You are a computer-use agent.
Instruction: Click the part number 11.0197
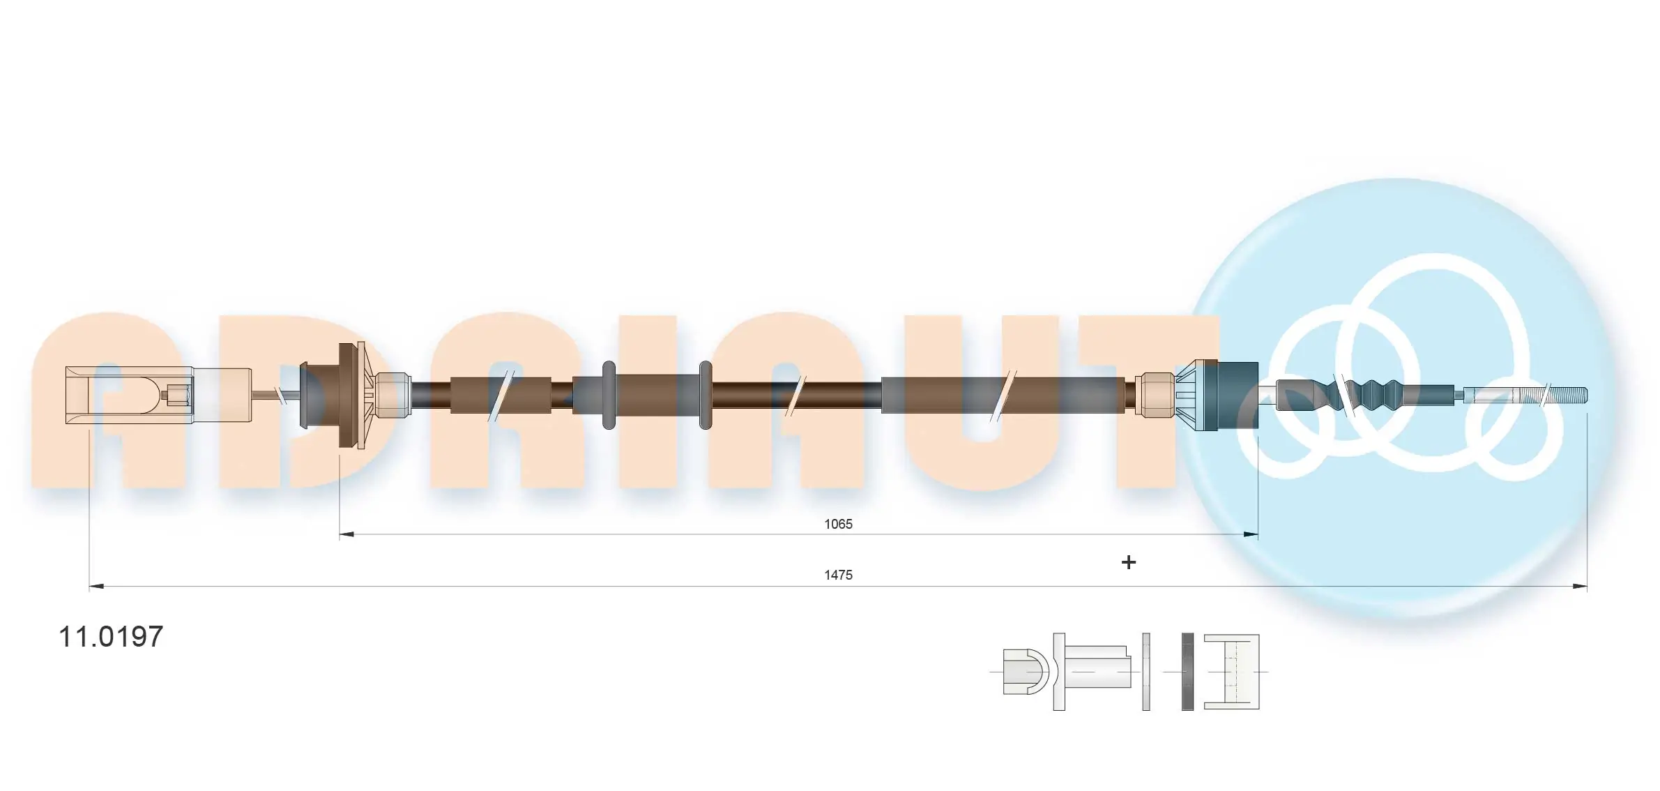[111, 636]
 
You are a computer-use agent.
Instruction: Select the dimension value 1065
[838, 524]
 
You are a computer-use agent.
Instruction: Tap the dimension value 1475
[838, 575]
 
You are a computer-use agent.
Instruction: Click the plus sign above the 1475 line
[1129, 562]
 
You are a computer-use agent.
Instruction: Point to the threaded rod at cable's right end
[1527, 395]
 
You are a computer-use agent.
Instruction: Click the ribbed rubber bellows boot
[1370, 395]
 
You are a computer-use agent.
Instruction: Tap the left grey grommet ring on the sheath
[609, 395]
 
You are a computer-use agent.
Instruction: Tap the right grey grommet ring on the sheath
[705, 395]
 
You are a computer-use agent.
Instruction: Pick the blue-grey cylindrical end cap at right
[1238, 395]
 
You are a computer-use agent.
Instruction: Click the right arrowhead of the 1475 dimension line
[1578, 587]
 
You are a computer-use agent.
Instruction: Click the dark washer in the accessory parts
[1187, 672]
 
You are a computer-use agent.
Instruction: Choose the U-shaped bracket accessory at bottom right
[1233, 672]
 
